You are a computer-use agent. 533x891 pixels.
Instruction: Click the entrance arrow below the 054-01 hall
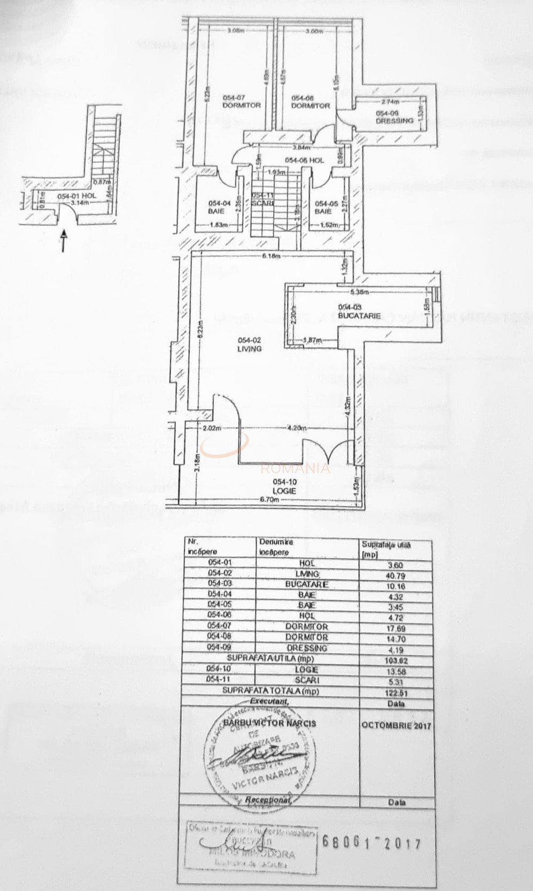(x=64, y=241)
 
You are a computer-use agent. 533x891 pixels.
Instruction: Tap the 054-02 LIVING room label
(x=250, y=344)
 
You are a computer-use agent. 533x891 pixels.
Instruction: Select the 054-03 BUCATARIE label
(x=359, y=311)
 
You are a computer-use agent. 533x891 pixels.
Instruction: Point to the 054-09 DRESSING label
(x=395, y=117)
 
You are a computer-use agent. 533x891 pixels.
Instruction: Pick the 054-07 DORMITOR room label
(x=242, y=102)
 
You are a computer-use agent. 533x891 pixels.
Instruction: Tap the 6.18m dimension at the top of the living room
(x=271, y=256)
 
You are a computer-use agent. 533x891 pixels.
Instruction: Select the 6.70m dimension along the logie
(x=270, y=499)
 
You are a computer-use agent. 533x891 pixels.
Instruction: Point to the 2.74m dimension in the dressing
(x=391, y=102)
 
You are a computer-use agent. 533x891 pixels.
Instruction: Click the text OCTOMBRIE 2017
(x=395, y=726)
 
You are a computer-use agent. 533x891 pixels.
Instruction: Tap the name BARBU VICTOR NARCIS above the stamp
(x=269, y=723)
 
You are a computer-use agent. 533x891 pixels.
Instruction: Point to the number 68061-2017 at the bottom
(x=372, y=843)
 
